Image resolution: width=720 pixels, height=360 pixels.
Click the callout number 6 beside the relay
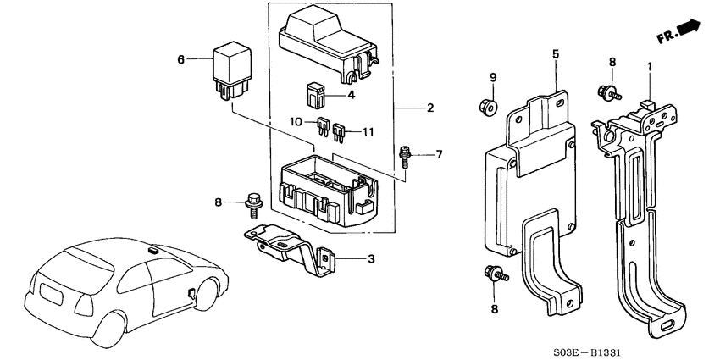pyautogui.click(x=180, y=59)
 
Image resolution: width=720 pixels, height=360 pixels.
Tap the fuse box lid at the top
pyautogui.click(x=327, y=43)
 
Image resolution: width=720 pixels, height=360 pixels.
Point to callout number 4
pyautogui.click(x=352, y=96)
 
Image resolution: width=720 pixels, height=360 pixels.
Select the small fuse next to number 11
pyautogui.click(x=340, y=131)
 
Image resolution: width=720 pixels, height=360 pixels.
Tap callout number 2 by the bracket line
pyautogui.click(x=430, y=108)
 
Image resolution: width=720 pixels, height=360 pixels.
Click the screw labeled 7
pyautogui.click(x=405, y=156)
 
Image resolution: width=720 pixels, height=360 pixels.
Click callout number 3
pyautogui.click(x=370, y=258)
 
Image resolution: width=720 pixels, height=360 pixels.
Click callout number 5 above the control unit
pyautogui.click(x=556, y=53)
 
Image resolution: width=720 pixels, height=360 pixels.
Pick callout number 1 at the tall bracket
pyautogui.click(x=649, y=65)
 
